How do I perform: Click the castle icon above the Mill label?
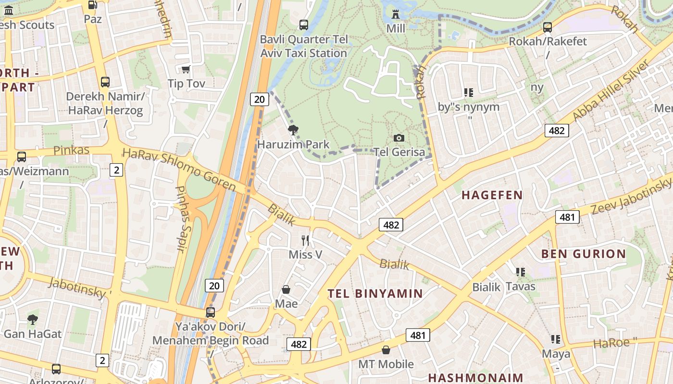396,14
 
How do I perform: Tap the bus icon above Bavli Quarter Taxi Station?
303,24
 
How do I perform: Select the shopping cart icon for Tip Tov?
186,69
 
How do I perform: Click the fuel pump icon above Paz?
92,5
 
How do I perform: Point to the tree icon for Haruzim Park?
293,130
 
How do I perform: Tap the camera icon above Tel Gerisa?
399,138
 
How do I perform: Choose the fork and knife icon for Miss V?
305,240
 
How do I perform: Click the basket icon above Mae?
286,289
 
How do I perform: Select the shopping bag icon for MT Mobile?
386,350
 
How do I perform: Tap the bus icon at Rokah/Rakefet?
547,27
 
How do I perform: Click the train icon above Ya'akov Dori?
210,312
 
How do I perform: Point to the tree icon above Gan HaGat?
32,319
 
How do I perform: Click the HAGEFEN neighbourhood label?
492,195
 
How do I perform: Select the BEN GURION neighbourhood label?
584,254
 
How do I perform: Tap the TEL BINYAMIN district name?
375,294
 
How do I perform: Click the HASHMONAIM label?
475,377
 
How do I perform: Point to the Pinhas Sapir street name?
181,219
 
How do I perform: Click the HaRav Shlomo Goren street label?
179,169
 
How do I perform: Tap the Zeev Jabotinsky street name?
630,196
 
